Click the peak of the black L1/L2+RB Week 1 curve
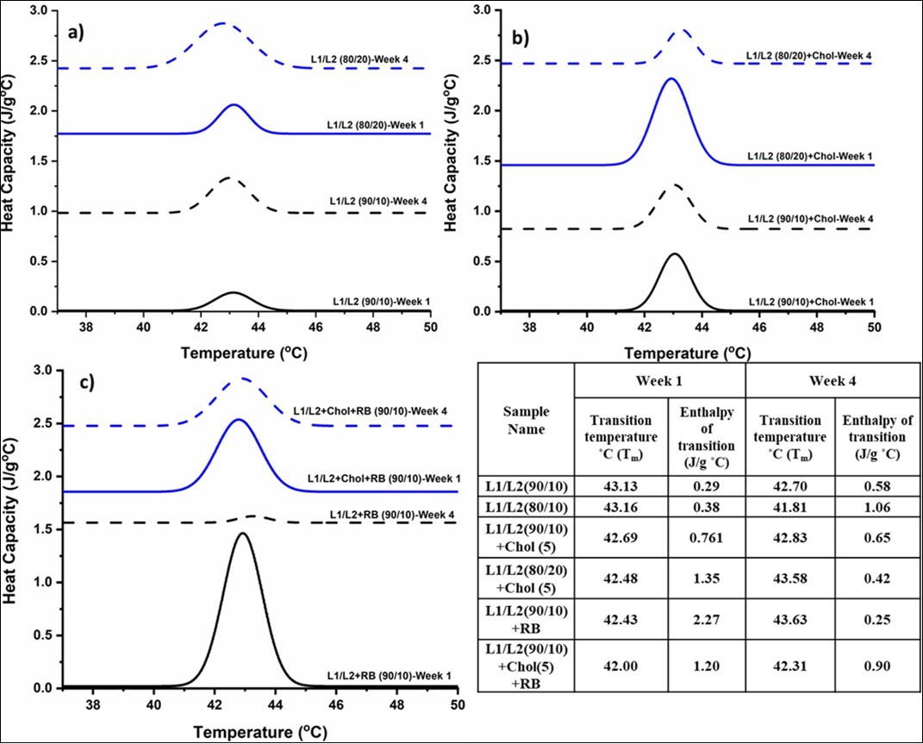[243, 534]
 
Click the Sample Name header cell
[526, 422]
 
